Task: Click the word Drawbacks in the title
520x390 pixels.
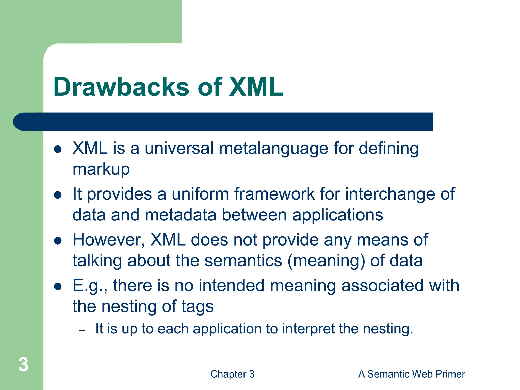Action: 121,87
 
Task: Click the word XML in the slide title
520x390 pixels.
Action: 256,87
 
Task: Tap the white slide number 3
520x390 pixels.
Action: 23,365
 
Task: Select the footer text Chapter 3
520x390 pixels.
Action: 232,374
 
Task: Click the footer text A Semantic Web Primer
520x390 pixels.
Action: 411,374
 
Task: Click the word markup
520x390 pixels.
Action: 101,169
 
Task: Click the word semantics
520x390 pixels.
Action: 243,261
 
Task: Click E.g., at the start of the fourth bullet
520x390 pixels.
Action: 90,286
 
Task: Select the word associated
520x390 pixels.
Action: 382,285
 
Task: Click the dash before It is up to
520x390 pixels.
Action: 82,330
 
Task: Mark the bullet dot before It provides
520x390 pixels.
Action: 58,195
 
